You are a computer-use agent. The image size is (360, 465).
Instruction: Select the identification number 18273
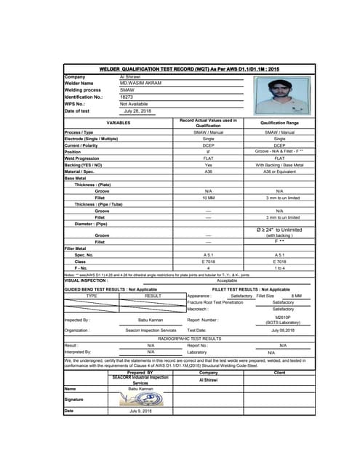[127, 97]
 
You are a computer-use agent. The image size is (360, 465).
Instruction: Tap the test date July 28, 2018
[138, 110]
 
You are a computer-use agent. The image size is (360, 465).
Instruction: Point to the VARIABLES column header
[119, 123]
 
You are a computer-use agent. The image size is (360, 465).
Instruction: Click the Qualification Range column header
[279, 123]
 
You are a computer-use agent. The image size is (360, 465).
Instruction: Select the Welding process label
[84, 90]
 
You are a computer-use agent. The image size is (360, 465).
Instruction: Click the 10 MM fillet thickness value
[208, 197]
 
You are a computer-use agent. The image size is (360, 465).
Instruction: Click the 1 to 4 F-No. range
[279, 268]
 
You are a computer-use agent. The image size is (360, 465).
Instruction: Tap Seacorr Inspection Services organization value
[151, 330]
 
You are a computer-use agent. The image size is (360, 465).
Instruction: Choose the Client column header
[279, 373]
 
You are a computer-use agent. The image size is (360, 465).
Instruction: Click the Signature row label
[75, 399]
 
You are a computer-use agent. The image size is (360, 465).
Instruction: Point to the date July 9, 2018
[140, 411]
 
